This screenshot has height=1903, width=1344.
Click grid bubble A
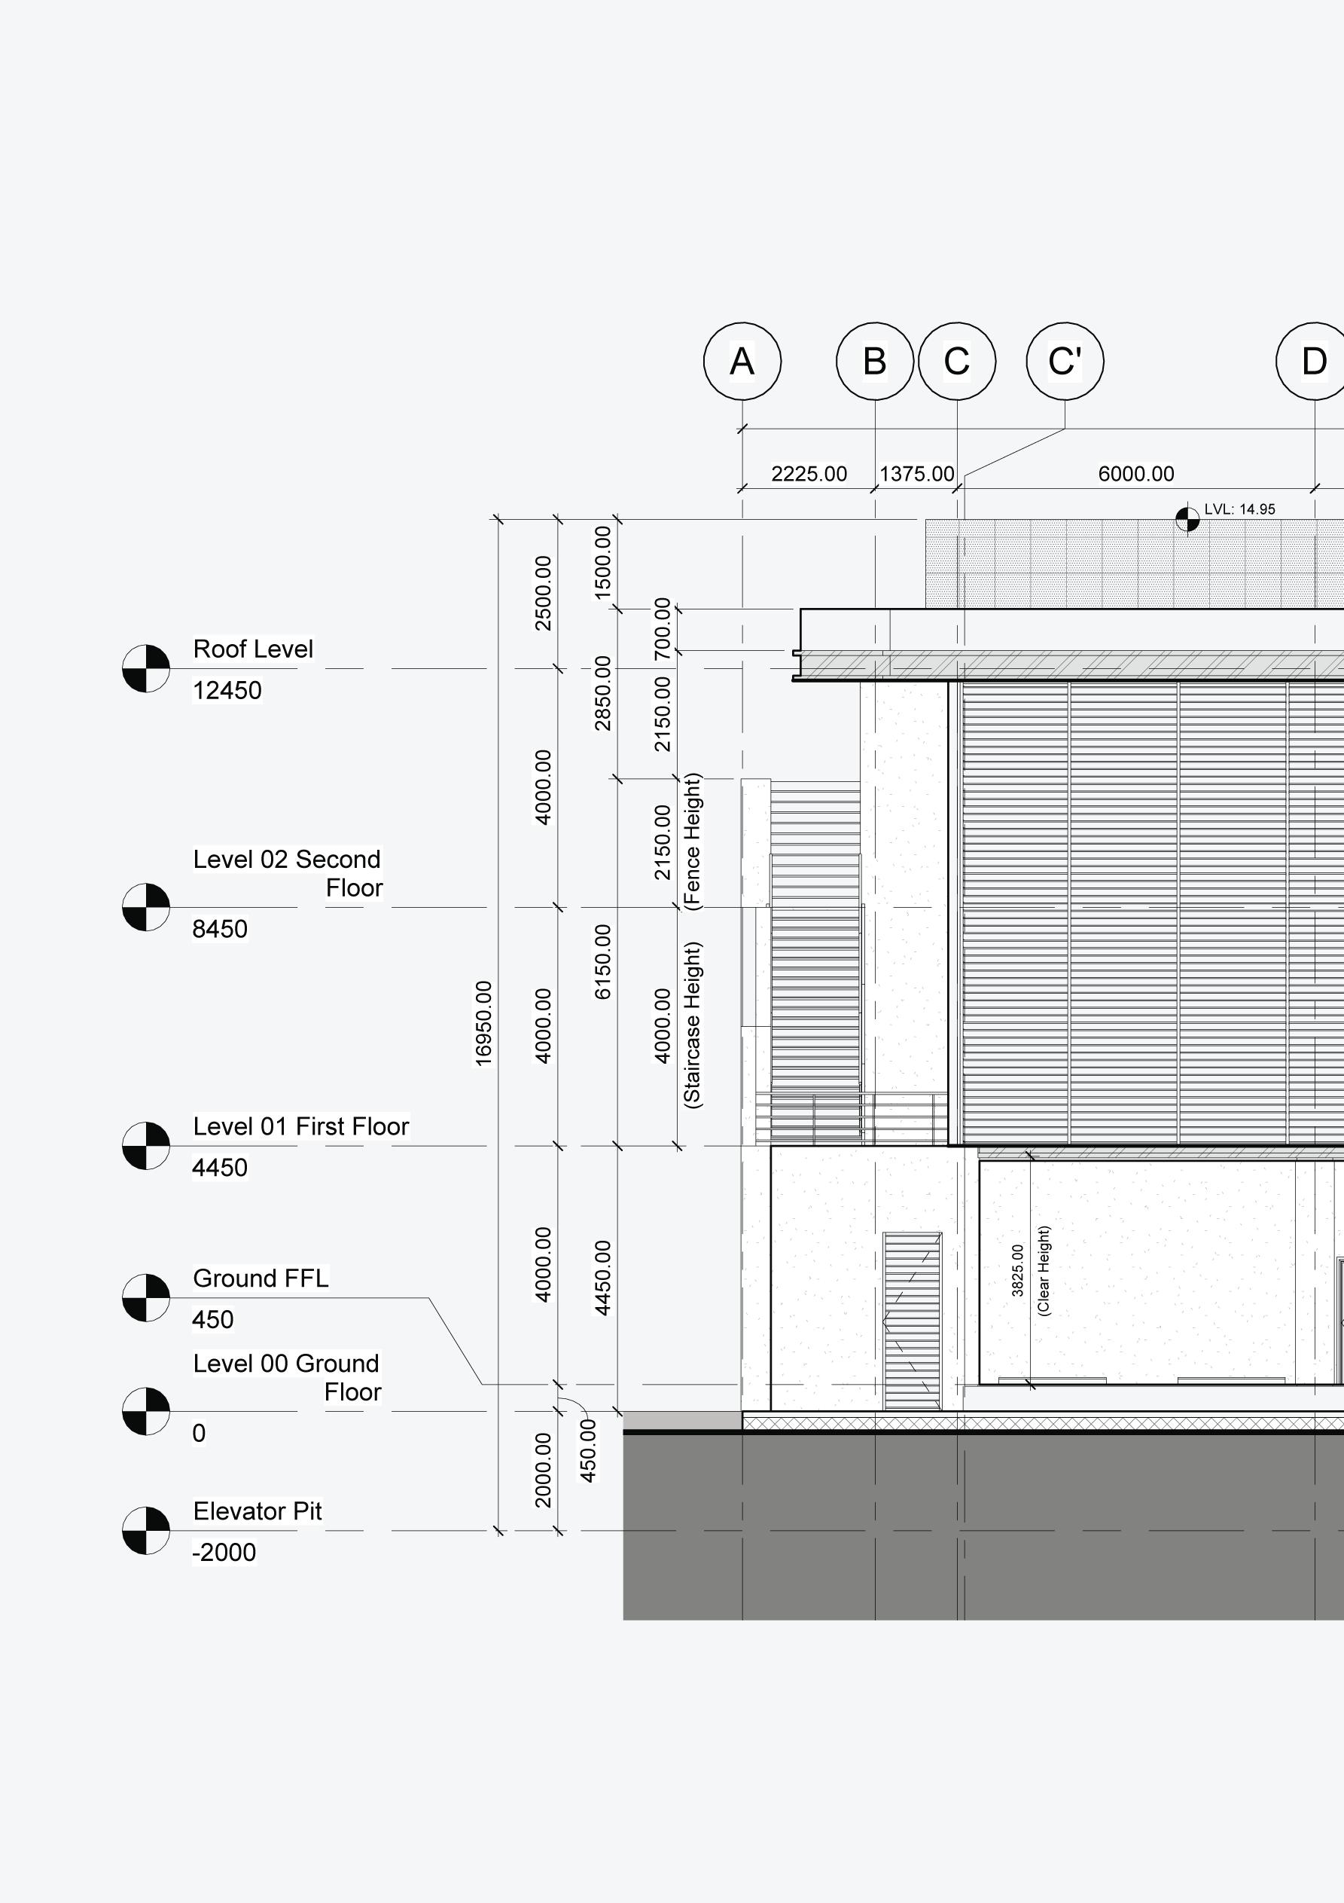point(742,362)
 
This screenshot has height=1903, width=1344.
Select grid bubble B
point(874,362)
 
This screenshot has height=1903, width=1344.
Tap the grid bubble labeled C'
point(1064,362)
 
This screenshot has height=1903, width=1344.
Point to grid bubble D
point(1313,362)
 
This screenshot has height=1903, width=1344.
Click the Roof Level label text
point(253,649)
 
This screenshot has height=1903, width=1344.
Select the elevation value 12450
point(227,690)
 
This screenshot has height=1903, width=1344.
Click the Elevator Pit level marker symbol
point(146,1530)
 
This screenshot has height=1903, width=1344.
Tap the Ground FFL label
point(261,1278)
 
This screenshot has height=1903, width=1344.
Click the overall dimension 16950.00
point(483,1024)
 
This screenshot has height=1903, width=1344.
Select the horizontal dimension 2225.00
point(809,474)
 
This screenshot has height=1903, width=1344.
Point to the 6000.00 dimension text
point(1136,474)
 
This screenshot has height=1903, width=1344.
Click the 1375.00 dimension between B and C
point(916,474)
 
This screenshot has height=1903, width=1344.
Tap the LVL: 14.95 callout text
point(1239,509)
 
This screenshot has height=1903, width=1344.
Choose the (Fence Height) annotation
point(693,842)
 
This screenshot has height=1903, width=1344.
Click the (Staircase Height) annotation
point(693,1025)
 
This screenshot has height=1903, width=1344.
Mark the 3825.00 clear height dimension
point(1017,1271)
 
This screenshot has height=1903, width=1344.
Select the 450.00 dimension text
point(587,1450)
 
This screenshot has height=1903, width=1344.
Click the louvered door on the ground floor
point(912,1321)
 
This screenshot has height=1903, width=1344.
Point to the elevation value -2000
point(224,1553)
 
